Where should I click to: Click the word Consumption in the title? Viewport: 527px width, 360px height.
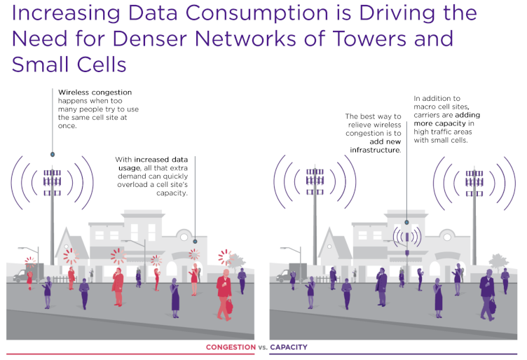point(256,13)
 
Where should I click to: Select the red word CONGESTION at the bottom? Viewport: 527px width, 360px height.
point(231,347)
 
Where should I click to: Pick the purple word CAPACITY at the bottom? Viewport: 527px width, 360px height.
point(289,347)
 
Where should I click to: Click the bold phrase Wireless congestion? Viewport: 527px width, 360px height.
point(95,92)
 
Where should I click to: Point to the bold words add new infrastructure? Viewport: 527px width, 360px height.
point(376,146)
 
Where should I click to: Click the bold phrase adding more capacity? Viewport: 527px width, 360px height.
point(446,119)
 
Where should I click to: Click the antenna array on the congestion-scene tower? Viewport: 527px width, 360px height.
point(52,182)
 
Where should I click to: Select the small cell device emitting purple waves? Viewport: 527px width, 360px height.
point(407,237)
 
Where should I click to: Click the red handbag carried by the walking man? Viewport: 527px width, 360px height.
point(229,306)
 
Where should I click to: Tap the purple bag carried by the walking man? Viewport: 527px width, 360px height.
point(493,306)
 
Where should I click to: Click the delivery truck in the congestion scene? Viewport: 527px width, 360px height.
point(28,272)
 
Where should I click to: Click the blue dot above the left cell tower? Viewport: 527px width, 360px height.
point(53,155)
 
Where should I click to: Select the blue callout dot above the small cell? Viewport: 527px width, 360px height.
point(406,222)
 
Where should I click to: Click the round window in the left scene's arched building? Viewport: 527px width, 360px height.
point(184,237)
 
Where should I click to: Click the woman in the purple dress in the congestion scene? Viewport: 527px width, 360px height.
point(175,298)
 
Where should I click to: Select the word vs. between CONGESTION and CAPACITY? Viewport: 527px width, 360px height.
point(263,347)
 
